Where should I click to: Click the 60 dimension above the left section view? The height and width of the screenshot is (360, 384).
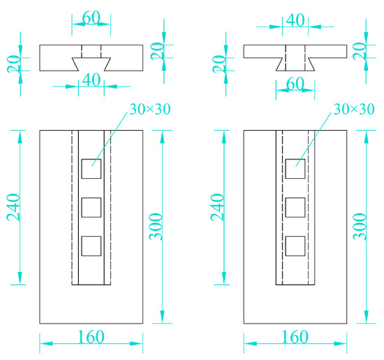(90, 16)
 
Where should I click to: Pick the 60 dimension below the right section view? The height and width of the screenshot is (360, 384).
(295, 82)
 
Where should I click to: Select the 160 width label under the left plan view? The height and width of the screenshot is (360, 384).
(91, 336)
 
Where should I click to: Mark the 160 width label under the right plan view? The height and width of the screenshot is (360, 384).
(295, 336)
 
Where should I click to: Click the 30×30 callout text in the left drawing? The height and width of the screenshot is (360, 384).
(149, 110)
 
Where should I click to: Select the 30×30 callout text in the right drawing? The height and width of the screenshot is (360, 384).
(353, 110)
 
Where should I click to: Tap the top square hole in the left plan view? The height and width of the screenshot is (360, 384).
(91, 168)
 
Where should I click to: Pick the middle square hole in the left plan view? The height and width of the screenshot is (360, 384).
(91, 208)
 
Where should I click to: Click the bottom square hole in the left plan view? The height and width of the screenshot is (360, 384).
(91, 246)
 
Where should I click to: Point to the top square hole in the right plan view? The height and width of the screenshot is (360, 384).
(295, 168)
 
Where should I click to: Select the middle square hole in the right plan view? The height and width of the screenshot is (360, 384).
(295, 208)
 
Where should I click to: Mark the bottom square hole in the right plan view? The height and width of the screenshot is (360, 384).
(295, 246)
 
